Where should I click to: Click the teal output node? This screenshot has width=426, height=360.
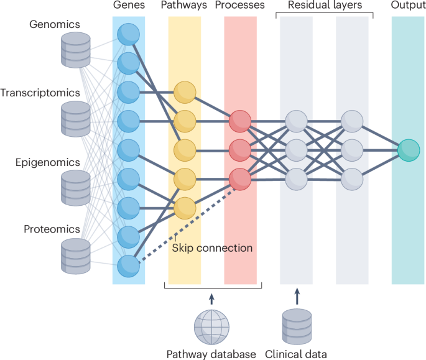[409, 150]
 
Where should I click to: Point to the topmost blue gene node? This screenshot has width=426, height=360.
[129, 34]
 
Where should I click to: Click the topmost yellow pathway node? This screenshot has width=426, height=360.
[185, 92]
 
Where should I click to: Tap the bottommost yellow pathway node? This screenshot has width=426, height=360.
[185, 208]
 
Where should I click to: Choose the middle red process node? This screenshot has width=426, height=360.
[240, 150]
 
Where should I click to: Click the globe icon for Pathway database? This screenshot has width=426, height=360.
[211, 325]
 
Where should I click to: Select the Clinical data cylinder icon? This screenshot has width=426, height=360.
[297, 325]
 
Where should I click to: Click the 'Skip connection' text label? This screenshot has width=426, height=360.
[212, 248]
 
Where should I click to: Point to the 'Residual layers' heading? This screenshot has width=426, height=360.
[324, 6]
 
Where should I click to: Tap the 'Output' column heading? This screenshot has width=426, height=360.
[409, 6]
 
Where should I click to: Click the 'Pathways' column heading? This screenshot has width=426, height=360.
[184, 6]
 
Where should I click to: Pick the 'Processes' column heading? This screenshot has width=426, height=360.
[240, 6]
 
